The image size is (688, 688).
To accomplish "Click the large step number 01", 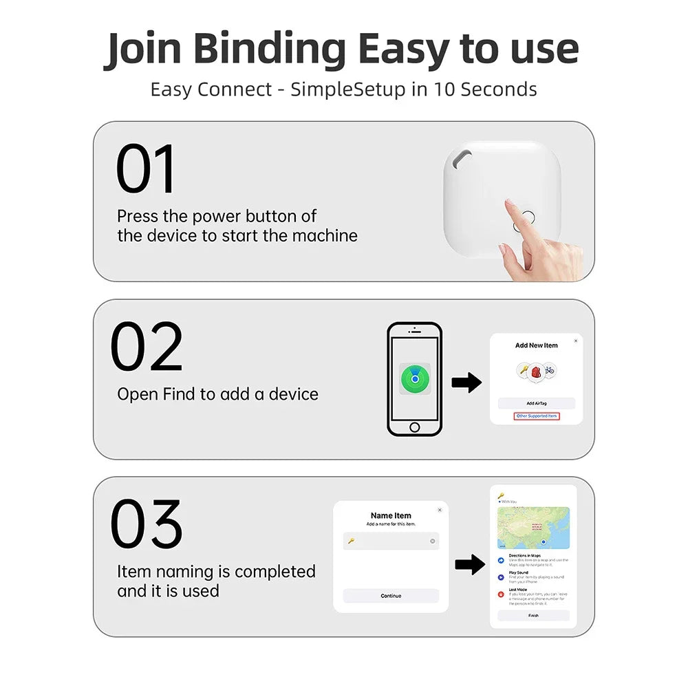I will coord(146,169).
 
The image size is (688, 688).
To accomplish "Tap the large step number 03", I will coord(147,525).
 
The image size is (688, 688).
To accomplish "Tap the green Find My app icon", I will coord(415,378).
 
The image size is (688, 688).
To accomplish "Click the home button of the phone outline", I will coord(414,427).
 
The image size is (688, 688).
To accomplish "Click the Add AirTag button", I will coord(536,403).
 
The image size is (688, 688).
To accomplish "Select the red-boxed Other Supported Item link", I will coord(537,416).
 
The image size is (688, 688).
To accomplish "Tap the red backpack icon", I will coord(536,371).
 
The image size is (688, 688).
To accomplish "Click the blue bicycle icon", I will coord(549,370).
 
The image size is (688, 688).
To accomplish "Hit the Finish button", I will coord(533,616).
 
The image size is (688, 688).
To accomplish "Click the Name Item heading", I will coord(391,515).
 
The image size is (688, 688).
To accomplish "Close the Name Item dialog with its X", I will coord(440,510).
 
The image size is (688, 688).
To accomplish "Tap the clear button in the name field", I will coord(433,541).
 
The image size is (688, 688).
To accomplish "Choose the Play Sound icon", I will coord(501,577).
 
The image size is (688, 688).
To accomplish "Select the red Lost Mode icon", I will coord(501,594).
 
